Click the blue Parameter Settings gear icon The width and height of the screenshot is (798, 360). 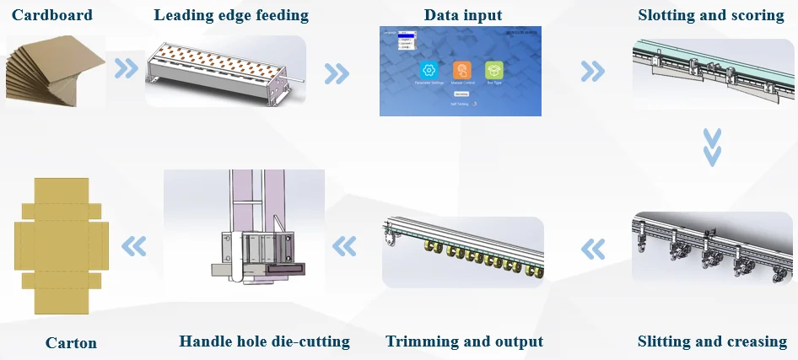tap(428, 70)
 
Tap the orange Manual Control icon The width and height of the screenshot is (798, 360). tap(461, 70)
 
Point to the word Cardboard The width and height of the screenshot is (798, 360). tap(52, 15)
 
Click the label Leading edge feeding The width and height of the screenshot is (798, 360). tap(230, 15)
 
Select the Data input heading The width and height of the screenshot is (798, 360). tap(463, 15)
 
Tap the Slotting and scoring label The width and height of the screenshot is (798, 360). tap(711, 15)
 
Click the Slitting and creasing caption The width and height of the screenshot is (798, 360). tap(712, 341)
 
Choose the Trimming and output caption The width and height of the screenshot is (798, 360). tap(464, 341)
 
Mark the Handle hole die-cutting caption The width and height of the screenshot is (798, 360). tap(264, 341)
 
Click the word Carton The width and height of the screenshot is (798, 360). tap(71, 343)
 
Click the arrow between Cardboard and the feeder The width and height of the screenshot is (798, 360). tap(127, 69)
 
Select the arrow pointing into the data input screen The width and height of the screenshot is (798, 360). tap(337, 73)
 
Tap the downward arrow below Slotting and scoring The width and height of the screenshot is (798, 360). tap(713, 147)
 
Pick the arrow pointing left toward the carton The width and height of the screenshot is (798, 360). tap(134, 246)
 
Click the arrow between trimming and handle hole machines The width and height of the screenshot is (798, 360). tap(343, 246)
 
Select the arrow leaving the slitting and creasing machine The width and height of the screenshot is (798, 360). tap(593, 249)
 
